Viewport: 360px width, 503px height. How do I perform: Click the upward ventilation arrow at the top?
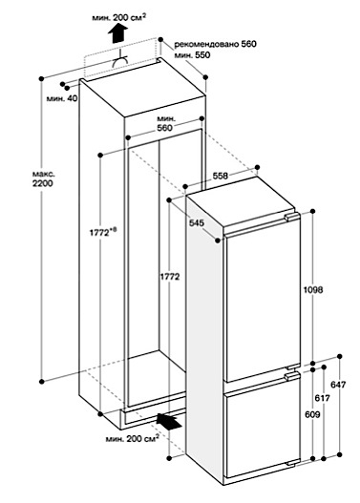117,32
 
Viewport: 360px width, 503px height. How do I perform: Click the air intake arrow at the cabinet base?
169,421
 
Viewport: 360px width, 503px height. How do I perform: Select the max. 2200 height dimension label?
43,179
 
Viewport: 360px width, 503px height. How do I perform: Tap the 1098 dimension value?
313,290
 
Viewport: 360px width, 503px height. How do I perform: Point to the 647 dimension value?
338,385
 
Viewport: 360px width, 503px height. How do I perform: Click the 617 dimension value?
322,398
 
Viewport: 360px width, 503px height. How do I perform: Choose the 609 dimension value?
312,414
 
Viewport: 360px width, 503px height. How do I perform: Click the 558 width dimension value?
221,176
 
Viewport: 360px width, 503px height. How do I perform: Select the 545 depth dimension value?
196,222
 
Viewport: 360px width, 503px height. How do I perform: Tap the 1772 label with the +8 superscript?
103,232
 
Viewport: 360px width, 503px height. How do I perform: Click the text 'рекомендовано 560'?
215,44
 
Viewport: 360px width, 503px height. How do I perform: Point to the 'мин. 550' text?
192,55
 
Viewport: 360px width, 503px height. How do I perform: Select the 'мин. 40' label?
62,98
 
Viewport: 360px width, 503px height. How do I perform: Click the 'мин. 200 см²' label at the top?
117,17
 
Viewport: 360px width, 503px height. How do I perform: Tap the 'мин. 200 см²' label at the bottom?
133,438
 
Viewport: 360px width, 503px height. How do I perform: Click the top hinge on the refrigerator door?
291,217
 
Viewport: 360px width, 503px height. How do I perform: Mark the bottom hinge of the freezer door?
293,463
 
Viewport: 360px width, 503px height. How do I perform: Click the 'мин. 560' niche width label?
164,124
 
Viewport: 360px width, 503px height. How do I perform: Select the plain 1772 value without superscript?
169,277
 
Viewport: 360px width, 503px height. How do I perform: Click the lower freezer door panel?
263,434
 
